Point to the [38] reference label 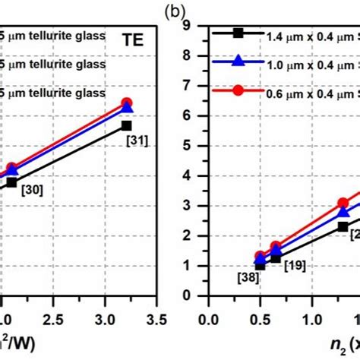coord(248,278)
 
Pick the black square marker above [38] coord(260,265)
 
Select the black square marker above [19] coord(275,258)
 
